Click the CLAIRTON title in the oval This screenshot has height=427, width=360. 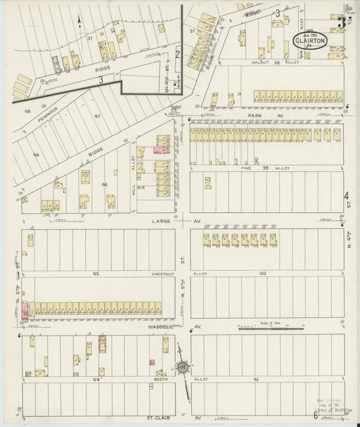[x=310, y=40]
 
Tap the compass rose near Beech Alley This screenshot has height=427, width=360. [x=182, y=368]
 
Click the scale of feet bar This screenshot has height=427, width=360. [x=270, y=329]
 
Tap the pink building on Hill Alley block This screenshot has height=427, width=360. [x=162, y=149]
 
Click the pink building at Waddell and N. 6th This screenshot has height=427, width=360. [x=26, y=311]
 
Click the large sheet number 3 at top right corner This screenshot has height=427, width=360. [x=342, y=22]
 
